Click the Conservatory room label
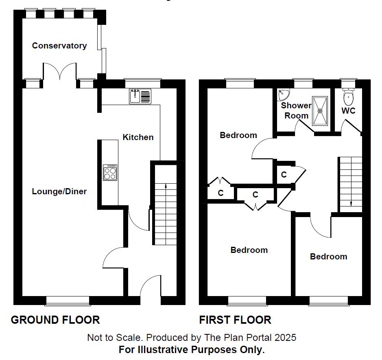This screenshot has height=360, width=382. coord(59,46)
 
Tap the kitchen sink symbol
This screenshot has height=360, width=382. coord(140,96)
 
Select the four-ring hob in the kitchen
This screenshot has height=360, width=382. coord(110,173)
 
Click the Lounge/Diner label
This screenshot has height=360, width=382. coord(59,191)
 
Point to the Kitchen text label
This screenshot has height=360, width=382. coord(138,137)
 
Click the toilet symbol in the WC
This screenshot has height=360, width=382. coord(348,97)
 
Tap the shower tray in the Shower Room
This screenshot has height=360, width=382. coord(320,110)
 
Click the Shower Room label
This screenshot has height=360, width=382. coord(296,110)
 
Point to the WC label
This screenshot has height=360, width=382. coord(348,111)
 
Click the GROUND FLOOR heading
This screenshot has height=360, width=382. coord(55,320)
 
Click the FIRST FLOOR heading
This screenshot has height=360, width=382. coord(235,320)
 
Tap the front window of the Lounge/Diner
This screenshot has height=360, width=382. coord(68,301)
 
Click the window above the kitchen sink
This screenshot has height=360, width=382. coord(142,83)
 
